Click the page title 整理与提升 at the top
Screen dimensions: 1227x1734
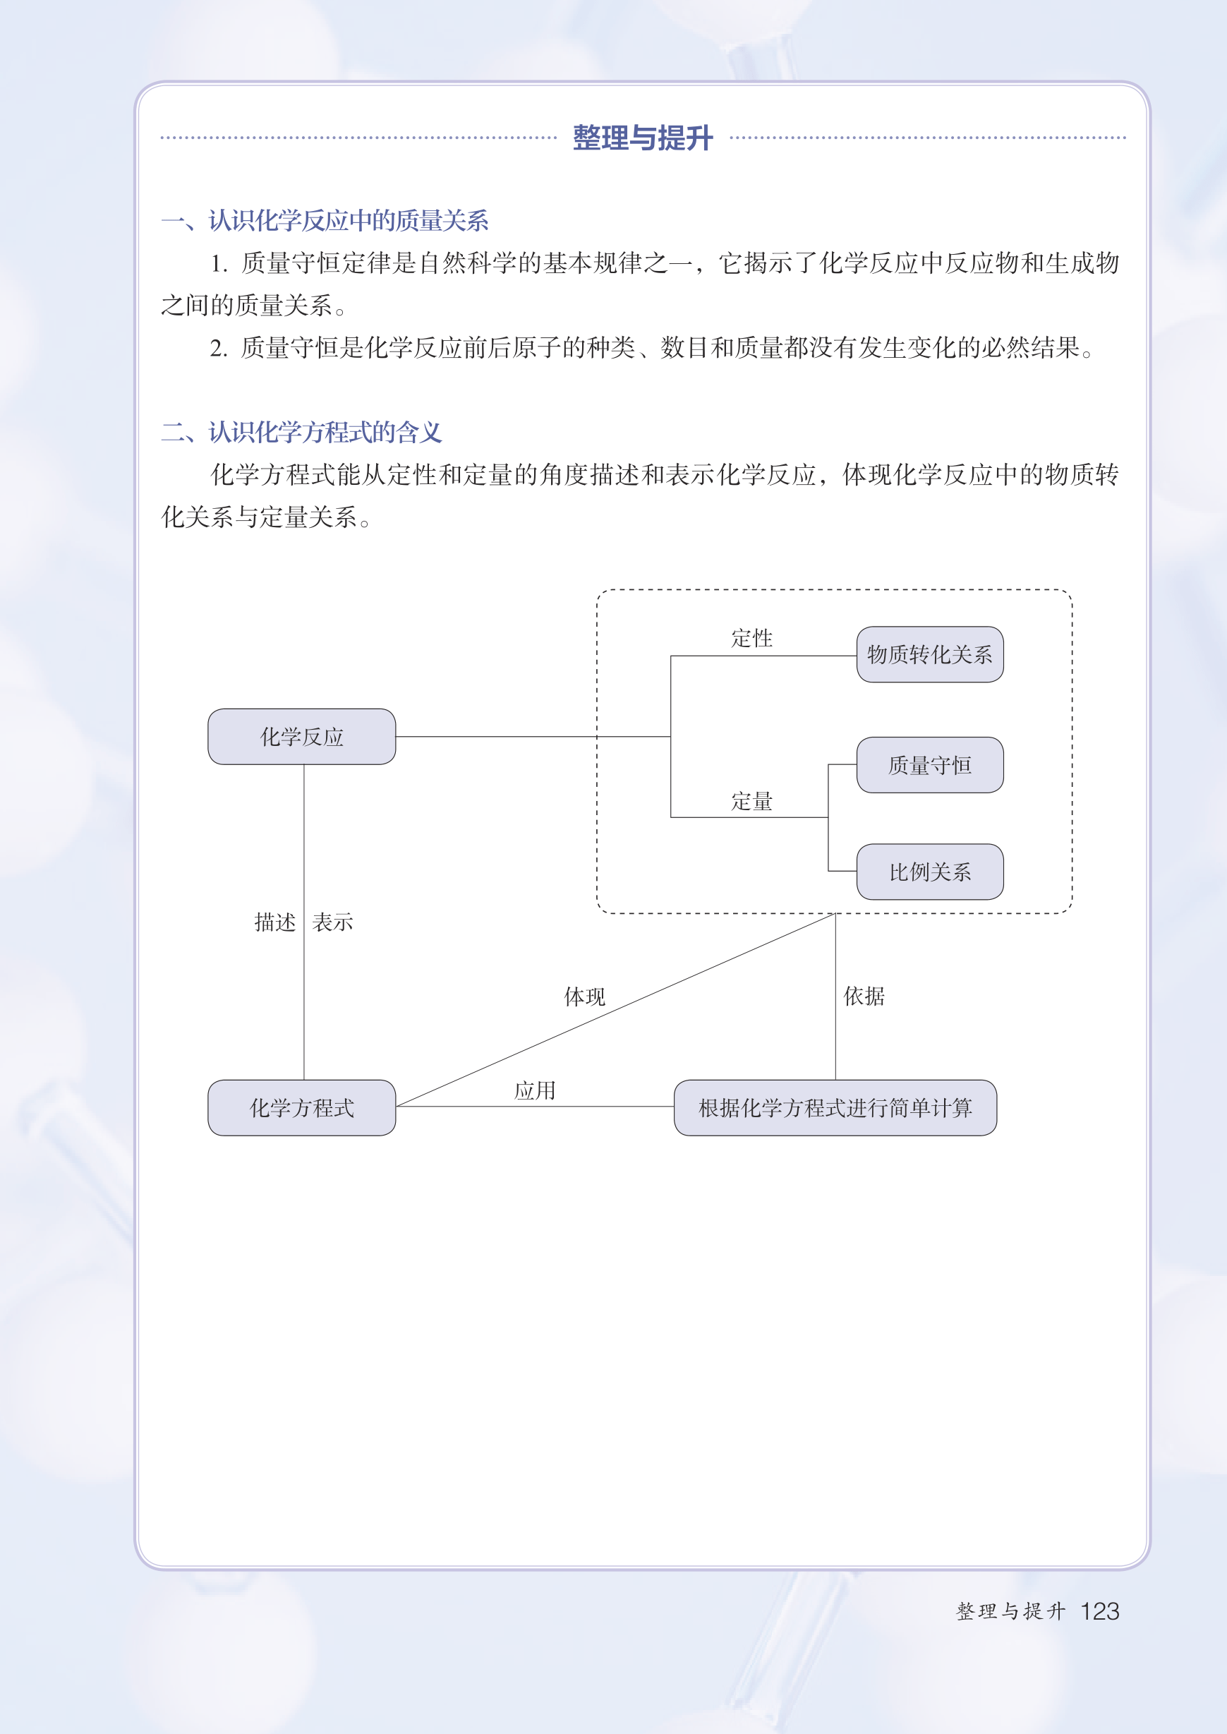click(642, 138)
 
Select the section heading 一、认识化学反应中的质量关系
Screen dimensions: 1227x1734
click(325, 221)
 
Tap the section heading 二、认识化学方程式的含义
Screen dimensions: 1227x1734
click(301, 432)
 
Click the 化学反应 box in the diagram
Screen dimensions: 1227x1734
click(301, 737)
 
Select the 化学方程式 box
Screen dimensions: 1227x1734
click(301, 1107)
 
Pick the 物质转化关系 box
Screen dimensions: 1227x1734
click(930, 654)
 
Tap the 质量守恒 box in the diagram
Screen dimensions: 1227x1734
click(930, 764)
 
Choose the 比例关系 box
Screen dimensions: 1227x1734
click(930, 872)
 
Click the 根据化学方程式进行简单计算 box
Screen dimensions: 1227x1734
click(835, 1107)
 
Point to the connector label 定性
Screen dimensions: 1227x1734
click(751, 639)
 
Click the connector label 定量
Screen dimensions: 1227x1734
click(751, 802)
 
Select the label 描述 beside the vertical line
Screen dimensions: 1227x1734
click(275, 922)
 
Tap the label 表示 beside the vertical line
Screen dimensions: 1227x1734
click(332, 922)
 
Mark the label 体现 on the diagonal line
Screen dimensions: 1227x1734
click(585, 997)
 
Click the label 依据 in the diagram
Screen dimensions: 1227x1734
click(864, 997)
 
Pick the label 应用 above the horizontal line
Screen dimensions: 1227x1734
click(535, 1090)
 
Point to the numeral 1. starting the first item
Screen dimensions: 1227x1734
click(219, 264)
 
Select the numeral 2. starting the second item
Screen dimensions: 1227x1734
click(219, 349)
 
